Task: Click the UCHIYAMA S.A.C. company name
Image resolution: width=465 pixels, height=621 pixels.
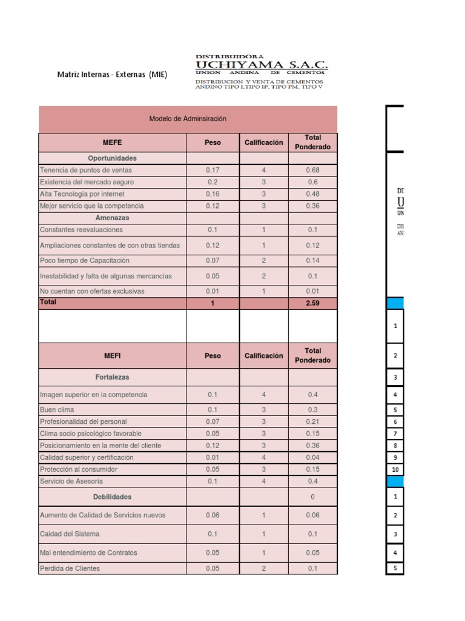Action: click(261, 65)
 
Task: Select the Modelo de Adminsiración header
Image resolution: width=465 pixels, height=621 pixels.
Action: click(188, 119)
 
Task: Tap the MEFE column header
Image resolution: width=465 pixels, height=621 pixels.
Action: click(112, 143)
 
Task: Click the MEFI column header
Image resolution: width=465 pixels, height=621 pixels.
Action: click(112, 356)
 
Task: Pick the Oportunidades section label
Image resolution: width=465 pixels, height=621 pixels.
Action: click(112, 158)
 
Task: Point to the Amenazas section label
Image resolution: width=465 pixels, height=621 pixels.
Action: click(112, 218)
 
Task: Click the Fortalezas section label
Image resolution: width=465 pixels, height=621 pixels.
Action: click(112, 377)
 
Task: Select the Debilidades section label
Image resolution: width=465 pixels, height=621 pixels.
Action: click(112, 497)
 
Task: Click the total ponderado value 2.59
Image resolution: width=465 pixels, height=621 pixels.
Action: click(312, 303)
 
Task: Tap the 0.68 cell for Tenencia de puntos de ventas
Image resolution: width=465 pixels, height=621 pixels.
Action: click(312, 170)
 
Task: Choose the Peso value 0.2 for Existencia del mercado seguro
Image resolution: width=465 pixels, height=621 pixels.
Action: click(213, 182)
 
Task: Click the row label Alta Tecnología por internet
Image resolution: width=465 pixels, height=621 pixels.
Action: click(82, 194)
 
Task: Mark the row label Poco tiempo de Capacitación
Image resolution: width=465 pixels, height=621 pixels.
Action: click(85, 260)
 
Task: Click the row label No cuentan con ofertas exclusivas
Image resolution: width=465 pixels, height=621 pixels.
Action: click(92, 291)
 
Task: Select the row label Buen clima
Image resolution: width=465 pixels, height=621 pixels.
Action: click(57, 410)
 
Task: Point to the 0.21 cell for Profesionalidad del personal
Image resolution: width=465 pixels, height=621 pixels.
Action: click(312, 421)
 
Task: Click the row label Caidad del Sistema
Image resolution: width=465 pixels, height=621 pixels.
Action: click(70, 534)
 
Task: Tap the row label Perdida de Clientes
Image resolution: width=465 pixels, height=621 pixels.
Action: click(70, 569)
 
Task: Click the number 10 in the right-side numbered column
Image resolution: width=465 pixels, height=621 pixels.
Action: click(395, 470)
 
